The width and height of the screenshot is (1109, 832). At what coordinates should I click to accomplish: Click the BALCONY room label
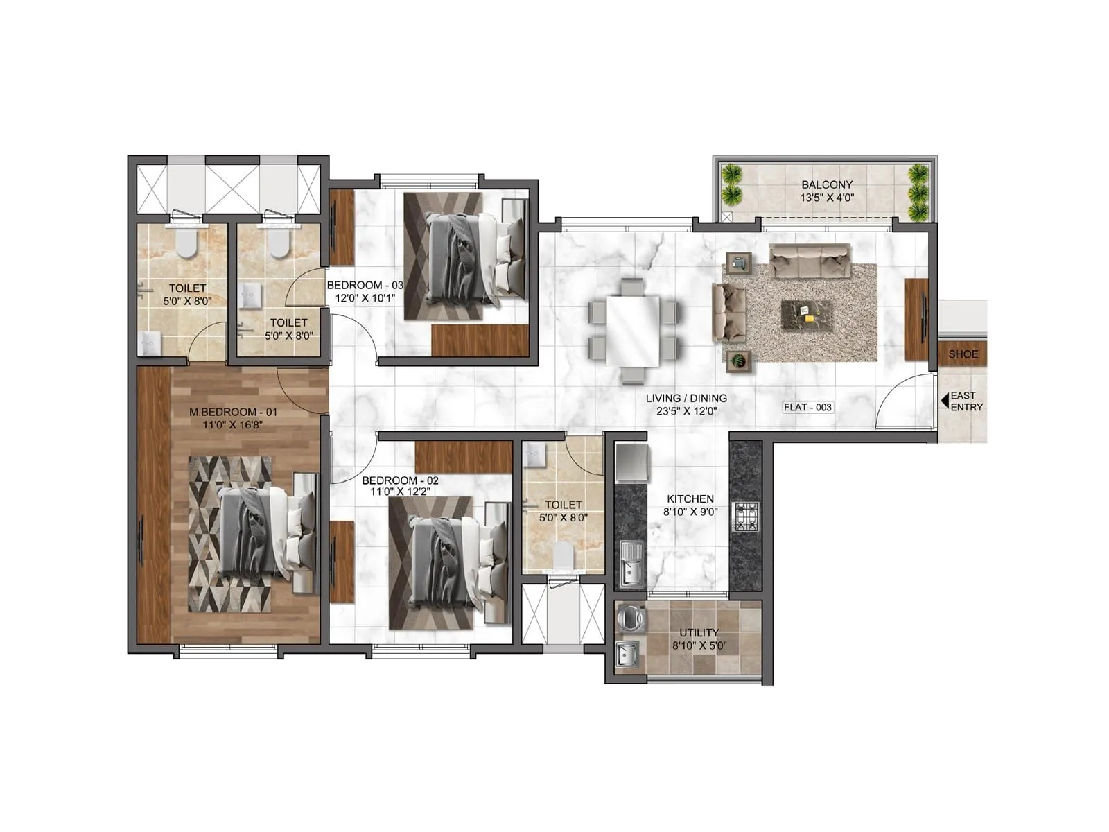827,185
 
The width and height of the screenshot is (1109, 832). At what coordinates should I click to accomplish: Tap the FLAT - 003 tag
807,408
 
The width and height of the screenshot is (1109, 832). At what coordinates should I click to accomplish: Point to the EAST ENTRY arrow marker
944,401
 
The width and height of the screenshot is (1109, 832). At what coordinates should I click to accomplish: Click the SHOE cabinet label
963,354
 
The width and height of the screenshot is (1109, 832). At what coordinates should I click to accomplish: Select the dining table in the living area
632,331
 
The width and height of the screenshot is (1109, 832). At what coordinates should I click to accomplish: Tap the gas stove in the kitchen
746,517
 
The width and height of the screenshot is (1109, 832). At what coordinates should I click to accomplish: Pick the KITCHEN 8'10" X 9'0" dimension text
690,512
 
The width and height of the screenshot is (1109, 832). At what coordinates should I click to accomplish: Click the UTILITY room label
699,632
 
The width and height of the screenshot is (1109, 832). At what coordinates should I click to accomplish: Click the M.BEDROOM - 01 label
233,412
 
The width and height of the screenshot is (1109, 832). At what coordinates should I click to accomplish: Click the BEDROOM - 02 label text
400,480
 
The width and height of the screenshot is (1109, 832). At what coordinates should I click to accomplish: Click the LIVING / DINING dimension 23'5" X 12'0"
686,410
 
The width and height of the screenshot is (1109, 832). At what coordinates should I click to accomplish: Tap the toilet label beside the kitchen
563,505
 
